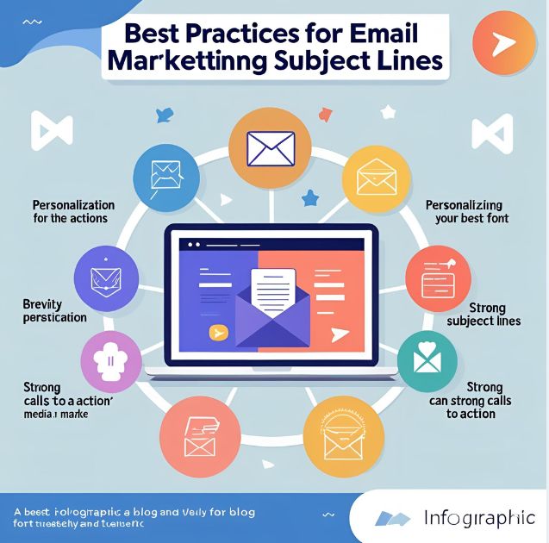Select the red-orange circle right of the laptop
(x=436, y=278)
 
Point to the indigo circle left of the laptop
(x=107, y=279)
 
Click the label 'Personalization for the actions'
(x=73, y=211)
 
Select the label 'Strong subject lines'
(x=483, y=315)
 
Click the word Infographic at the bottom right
(x=480, y=518)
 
